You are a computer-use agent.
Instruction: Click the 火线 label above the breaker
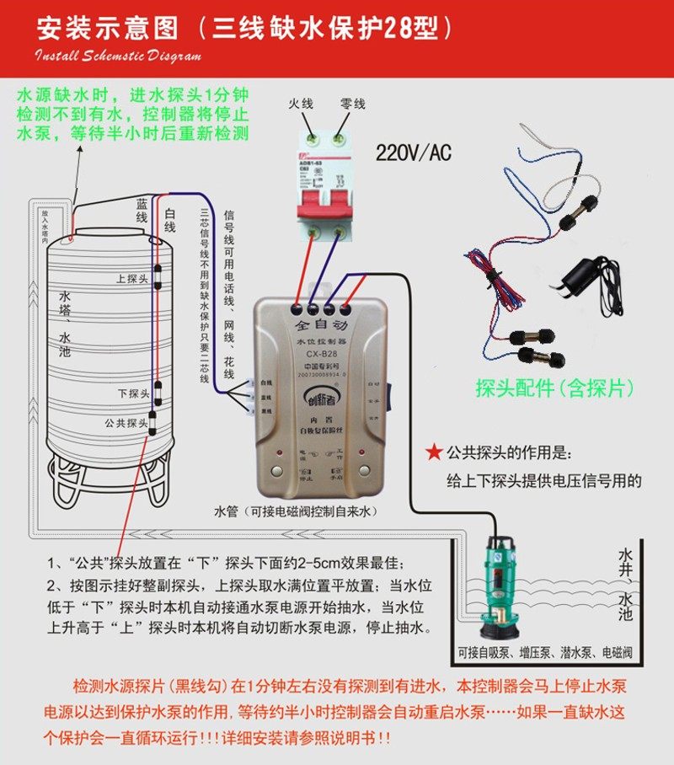tap(300, 104)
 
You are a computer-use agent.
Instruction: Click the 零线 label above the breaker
tap(352, 104)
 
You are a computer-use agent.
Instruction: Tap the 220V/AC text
tap(413, 152)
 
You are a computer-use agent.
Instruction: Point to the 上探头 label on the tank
tap(132, 278)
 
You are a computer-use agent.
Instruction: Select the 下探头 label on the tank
tap(133, 393)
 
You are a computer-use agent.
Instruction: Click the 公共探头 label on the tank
tap(126, 421)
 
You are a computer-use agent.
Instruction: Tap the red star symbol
tap(433, 452)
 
